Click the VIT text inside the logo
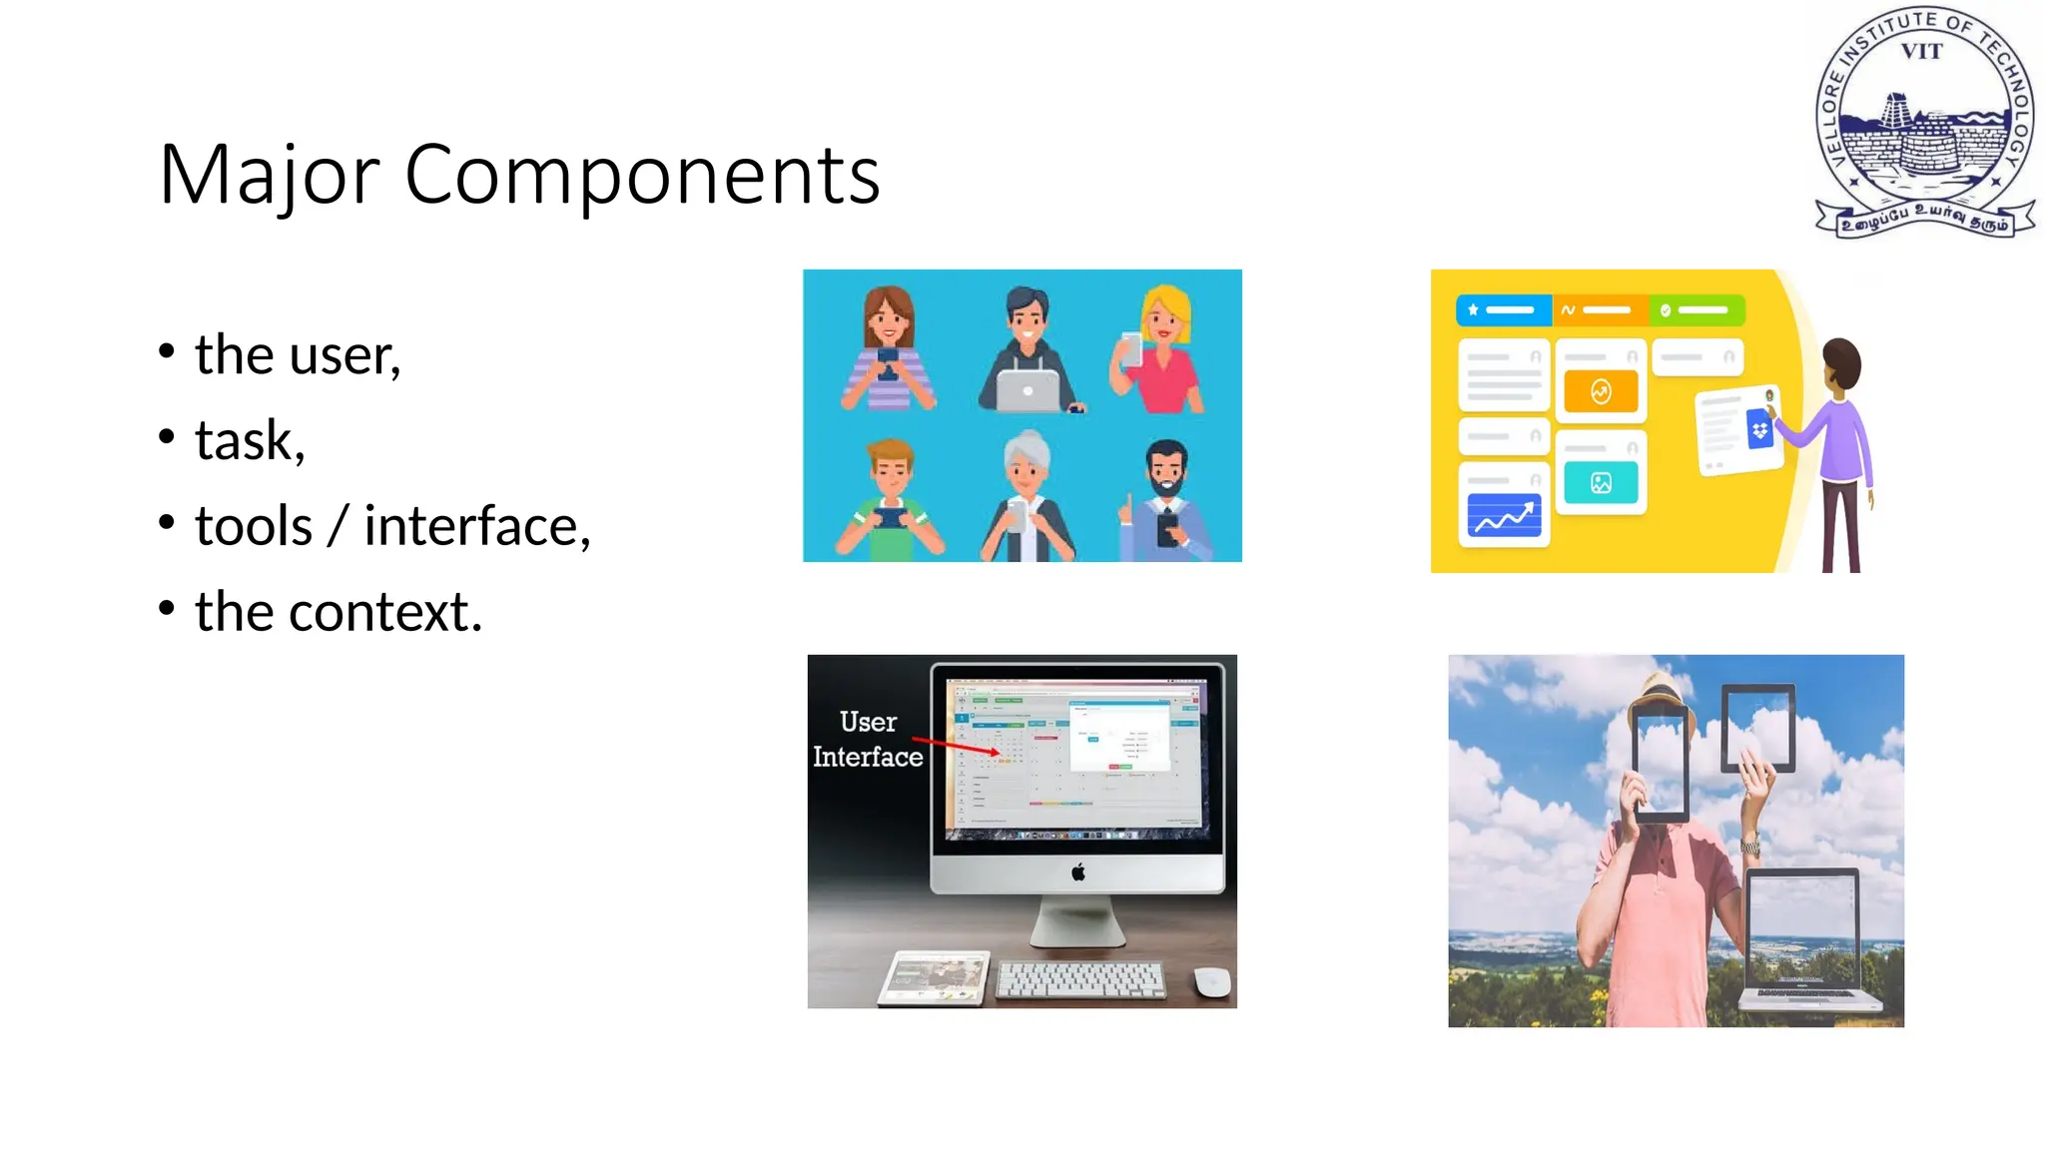(x=1921, y=52)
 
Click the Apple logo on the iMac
(x=1077, y=872)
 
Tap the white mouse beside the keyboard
(x=1211, y=980)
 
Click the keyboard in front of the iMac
(x=1081, y=978)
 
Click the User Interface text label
(x=868, y=740)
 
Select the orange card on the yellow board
(x=1601, y=391)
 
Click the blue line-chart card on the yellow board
(x=1504, y=516)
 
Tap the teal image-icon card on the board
(x=1601, y=483)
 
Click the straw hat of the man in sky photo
(x=1660, y=691)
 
